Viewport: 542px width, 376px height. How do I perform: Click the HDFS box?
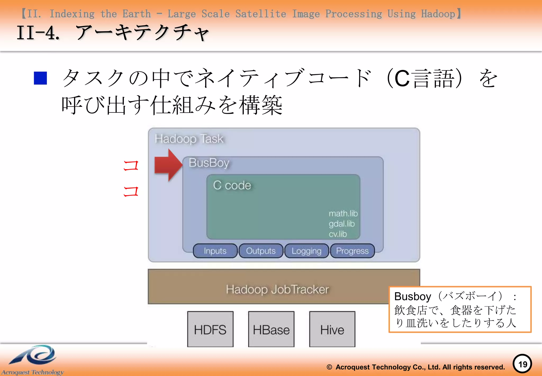(x=210, y=329)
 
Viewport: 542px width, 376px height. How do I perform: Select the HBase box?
(x=271, y=329)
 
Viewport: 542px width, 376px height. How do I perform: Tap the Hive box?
(x=332, y=329)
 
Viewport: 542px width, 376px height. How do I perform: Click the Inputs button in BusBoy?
(x=215, y=251)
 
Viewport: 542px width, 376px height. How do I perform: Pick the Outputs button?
(x=261, y=251)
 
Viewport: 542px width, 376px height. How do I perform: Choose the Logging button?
(x=306, y=251)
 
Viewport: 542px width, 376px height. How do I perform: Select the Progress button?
(x=352, y=251)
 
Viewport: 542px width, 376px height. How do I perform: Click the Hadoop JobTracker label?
(x=277, y=289)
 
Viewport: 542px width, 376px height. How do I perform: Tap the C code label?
(x=232, y=185)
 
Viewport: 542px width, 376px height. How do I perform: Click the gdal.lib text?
(x=341, y=224)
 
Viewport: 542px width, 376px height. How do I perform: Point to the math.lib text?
(x=343, y=213)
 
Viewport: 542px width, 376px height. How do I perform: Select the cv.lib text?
(x=338, y=234)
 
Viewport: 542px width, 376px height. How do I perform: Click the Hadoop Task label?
(x=189, y=139)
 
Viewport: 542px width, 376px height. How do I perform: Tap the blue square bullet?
(x=40, y=78)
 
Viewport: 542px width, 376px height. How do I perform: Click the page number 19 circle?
(x=522, y=364)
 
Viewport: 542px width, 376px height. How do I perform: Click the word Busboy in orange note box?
(x=412, y=296)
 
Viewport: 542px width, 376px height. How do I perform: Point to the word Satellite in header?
(x=261, y=14)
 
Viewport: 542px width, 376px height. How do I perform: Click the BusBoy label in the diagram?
(x=209, y=163)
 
